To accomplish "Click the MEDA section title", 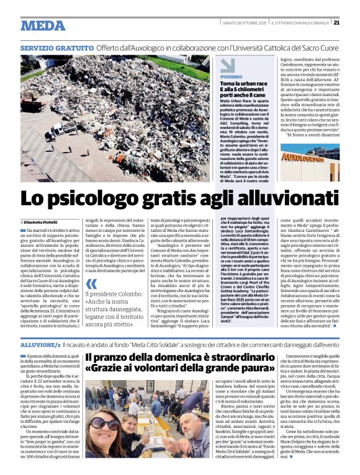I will point(42,25).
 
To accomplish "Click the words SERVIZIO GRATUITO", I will point(55,48).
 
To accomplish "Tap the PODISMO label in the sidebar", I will point(232,76).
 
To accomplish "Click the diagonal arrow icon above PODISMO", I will point(227,64).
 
